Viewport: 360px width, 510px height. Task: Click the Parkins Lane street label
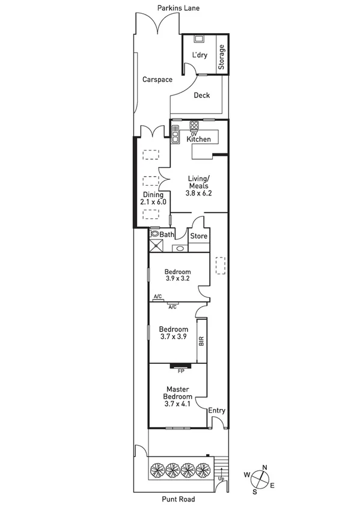tap(178, 8)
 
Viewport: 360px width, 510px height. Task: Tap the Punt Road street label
tap(178, 499)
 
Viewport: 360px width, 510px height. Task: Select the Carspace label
tap(157, 79)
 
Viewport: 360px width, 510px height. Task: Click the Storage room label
tap(221, 58)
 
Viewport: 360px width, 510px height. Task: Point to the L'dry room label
tap(199, 56)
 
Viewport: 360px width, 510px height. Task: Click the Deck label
tap(202, 95)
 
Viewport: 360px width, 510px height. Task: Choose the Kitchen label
tap(199, 140)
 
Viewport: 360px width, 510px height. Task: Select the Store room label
tap(199, 236)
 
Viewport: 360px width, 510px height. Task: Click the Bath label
tap(167, 235)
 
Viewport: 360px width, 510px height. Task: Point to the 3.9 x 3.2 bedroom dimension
tap(177, 278)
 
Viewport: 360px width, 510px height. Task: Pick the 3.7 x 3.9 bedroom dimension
tap(173, 337)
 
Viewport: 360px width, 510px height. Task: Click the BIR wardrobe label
tap(202, 342)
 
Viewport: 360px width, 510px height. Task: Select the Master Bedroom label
tap(178, 393)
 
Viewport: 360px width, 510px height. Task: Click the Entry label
tap(217, 411)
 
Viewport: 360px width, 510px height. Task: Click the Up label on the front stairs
tap(221, 479)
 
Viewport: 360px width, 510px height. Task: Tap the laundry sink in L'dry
tap(198, 39)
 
